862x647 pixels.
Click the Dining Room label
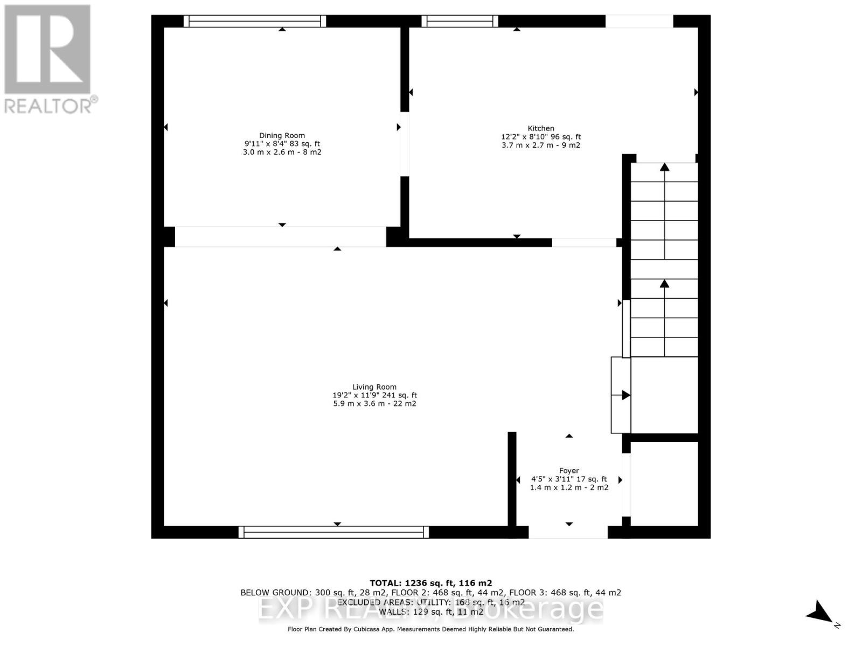[282, 135]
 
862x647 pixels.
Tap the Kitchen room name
[540, 128]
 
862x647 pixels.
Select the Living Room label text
[374, 387]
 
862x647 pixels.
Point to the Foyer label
[569, 471]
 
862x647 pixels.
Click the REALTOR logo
[49, 59]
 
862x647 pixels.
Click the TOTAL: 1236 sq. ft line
[430, 583]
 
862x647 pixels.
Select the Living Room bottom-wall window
[333, 532]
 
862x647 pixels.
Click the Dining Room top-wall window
[255, 21]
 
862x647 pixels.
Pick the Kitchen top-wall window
[460, 21]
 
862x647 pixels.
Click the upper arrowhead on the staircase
[664, 168]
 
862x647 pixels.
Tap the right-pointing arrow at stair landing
[625, 395]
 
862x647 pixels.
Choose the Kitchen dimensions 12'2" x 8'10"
[541, 137]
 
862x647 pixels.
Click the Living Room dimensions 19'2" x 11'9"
[374, 395]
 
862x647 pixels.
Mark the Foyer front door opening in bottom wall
[568, 532]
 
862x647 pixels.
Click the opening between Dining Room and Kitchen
[404, 143]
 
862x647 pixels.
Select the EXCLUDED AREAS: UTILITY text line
[430, 602]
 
